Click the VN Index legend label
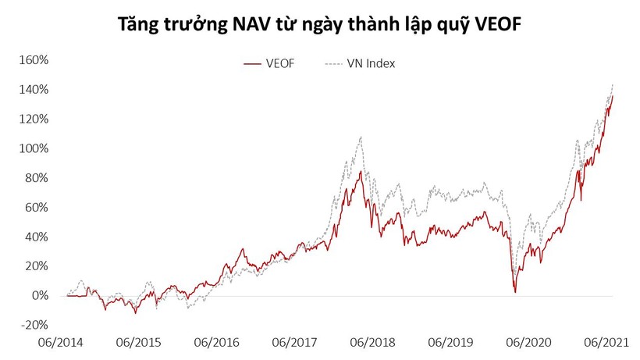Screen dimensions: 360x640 [371, 63]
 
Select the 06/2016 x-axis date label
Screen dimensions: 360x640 [217, 342]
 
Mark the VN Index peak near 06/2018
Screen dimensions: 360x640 [361, 137]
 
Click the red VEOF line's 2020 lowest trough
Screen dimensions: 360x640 [516, 292]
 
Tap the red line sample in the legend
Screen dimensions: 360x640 [251, 63]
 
